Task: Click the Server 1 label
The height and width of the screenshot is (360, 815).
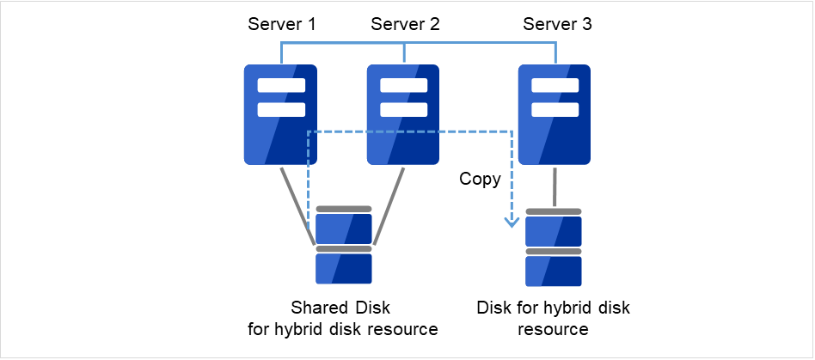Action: pyautogui.click(x=281, y=24)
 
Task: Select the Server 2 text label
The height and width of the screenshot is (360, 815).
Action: pyautogui.click(x=405, y=24)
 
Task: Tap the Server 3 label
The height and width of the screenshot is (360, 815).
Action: pyautogui.click(x=557, y=24)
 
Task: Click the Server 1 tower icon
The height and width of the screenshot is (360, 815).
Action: pyautogui.click(x=280, y=114)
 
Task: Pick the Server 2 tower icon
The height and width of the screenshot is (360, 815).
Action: pyautogui.click(x=403, y=114)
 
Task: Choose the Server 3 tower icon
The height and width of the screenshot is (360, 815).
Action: pyautogui.click(x=555, y=114)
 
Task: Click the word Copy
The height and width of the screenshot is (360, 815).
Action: pyautogui.click(x=480, y=180)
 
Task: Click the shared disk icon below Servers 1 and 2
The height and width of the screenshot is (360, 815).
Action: pyautogui.click(x=344, y=246)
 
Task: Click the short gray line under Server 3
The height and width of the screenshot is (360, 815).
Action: pyautogui.click(x=555, y=186)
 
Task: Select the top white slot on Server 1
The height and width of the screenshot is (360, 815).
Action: pyautogui.click(x=280, y=86)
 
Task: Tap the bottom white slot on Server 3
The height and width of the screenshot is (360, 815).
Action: pyautogui.click(x=555, y=110)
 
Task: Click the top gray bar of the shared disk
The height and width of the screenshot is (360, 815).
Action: pyautogui.click(x=344, y=209)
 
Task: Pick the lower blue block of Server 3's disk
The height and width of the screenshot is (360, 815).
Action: pyautogui.click(x=554, y=272)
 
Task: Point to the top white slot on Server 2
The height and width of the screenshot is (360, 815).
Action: pyautogui.click(x=403, y=86)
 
